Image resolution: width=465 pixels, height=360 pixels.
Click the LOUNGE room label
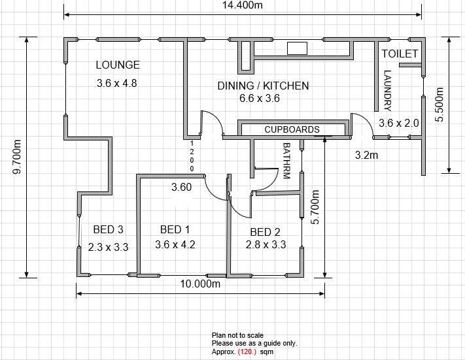[118, 65]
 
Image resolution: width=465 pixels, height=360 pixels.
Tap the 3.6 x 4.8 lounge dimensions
[117, 83]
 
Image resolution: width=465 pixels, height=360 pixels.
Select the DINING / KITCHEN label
[263, 86]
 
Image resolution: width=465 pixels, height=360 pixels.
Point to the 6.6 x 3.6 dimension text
[260, 98]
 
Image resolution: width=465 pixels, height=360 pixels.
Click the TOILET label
[400, 54]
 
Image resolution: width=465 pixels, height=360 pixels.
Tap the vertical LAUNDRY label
[387, 90]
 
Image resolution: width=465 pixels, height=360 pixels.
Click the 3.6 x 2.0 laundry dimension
[398, 123]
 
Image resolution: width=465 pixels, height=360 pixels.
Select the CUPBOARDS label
[292, 129]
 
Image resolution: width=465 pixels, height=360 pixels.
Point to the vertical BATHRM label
[286, 161]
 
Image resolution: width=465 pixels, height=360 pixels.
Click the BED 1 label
[175, 229]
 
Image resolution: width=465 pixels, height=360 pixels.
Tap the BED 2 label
[265, 232]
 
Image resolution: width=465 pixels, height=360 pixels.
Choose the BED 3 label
[109, 229]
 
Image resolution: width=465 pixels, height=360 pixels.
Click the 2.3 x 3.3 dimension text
[109, 247]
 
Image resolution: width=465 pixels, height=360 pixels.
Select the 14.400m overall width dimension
[243, 5]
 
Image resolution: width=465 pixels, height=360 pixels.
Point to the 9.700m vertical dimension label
[16, 157]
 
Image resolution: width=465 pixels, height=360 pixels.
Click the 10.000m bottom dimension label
[201, 284]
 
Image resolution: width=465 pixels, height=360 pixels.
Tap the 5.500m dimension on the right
[439, 105]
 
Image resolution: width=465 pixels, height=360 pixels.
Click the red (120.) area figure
[247, 352]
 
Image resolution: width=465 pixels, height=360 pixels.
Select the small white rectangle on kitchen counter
[297, 48]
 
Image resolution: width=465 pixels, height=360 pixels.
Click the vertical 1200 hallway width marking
[192, 156]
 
